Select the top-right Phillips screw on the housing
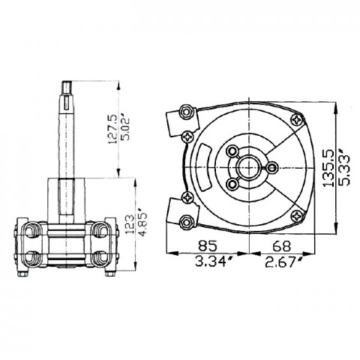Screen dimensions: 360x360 (x=299, y=119)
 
